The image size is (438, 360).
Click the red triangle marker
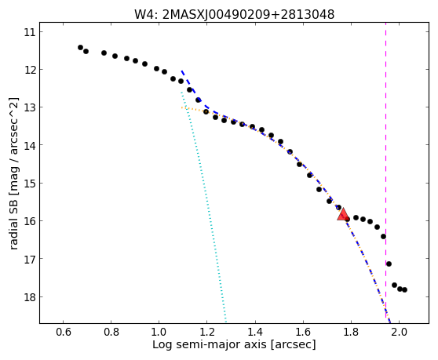343,214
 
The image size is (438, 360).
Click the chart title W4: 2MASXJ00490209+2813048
235,15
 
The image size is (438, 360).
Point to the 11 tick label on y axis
30,32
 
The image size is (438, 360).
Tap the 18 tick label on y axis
30,297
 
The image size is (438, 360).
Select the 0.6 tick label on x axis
63,332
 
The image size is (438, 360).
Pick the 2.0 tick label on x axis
400,332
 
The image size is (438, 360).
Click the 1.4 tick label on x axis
255,332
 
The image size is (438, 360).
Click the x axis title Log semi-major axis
210,344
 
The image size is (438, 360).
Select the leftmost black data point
80,47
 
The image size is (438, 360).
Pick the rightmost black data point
404,290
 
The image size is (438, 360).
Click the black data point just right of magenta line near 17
389,264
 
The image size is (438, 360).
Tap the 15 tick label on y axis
30,184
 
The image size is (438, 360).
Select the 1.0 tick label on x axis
159,332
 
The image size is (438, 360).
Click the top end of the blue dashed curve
181,71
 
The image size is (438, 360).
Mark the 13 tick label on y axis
30,107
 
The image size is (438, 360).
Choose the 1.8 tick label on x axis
351,332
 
